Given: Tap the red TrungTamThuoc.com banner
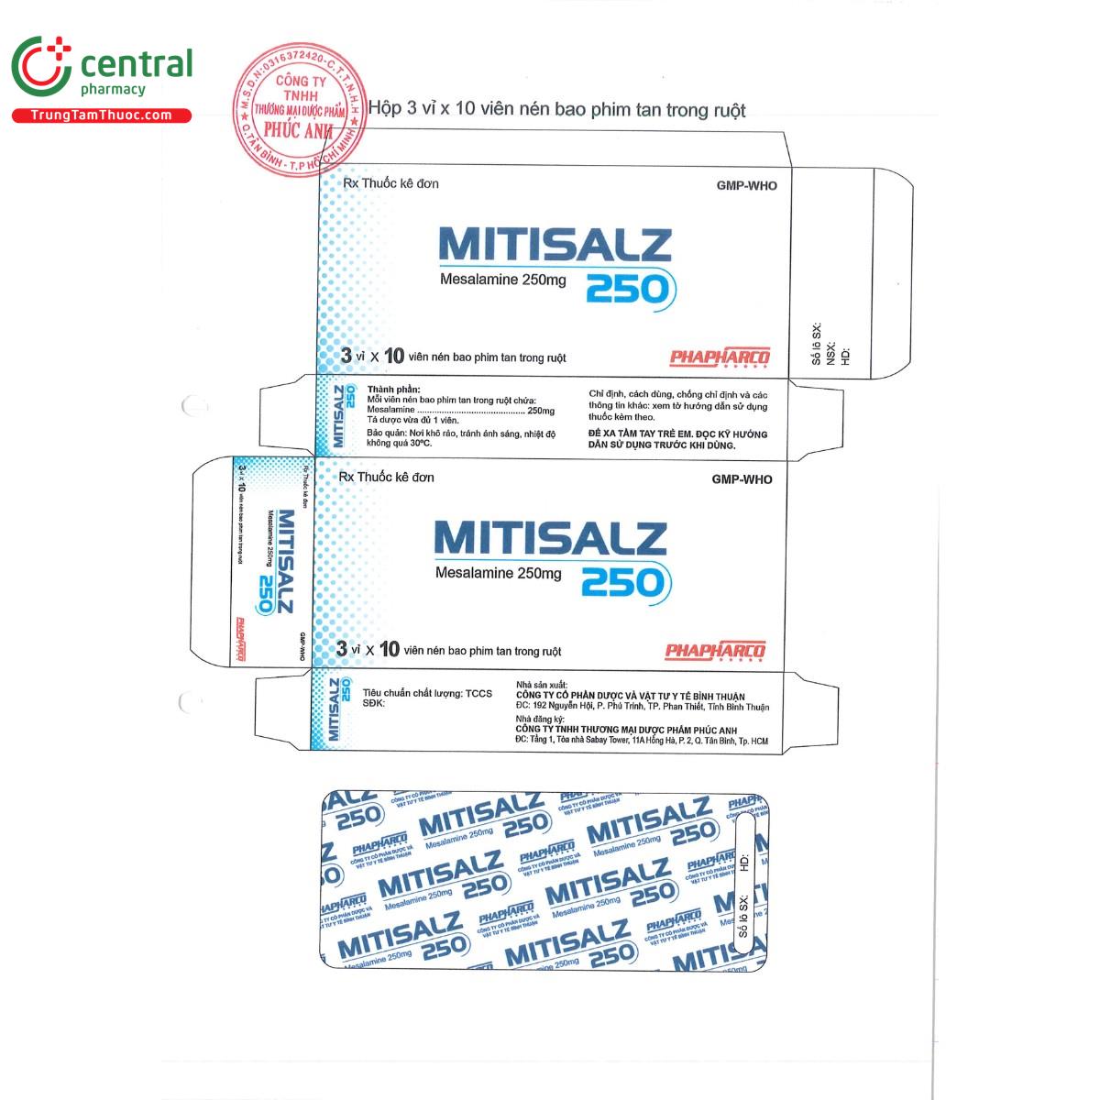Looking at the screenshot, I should coord(101,115).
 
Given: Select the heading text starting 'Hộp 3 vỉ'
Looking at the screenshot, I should coord(556,110).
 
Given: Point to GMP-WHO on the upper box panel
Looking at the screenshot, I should coord(746,186).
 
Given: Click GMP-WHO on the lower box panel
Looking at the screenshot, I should coord(742,479).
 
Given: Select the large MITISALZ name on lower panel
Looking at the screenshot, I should coord(550,538).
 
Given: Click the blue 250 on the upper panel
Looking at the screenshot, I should coord(629,289).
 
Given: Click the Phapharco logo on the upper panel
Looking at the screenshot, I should coord(720,357).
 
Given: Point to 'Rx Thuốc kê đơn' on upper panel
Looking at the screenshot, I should coord(390,183).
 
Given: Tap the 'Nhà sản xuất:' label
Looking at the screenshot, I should coord(543,685).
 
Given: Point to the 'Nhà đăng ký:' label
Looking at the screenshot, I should coord(541,720).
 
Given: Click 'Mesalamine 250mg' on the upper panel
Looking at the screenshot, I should coord(490,280).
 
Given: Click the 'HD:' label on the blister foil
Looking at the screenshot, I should coord(744,862).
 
